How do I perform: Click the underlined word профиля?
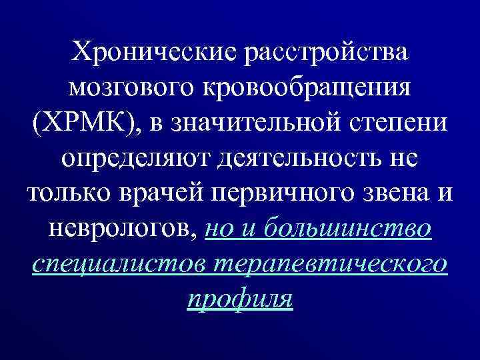pos(240,299)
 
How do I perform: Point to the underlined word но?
pos(219,229)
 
